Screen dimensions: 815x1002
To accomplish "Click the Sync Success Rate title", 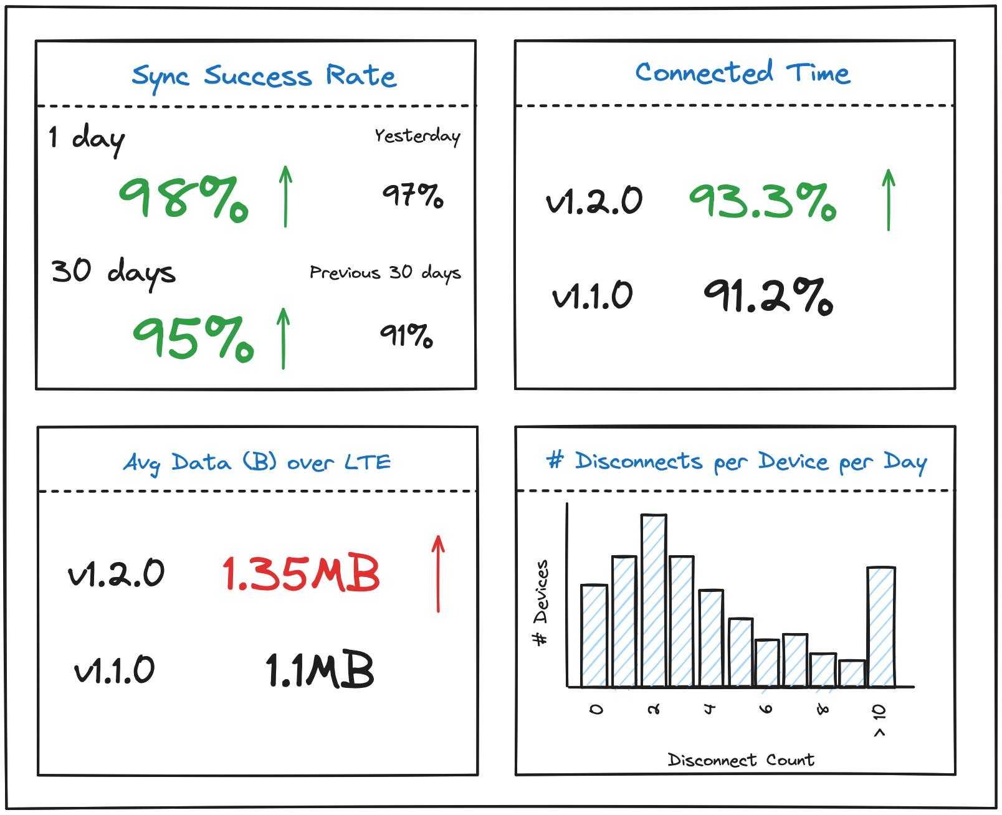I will coord(264,77).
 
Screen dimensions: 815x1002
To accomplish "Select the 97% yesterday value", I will coord(413,195).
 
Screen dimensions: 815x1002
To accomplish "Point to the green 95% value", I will coord(193,338).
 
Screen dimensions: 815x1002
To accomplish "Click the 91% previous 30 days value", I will coord(406,335).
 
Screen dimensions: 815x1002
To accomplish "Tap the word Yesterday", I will coord(417,136).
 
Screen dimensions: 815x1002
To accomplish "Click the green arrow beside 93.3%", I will coord(889,199).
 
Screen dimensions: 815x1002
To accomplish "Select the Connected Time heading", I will coord(742,73).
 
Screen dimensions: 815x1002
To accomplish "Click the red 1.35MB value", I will coord(301,573).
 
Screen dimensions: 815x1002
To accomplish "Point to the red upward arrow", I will coord(438,573).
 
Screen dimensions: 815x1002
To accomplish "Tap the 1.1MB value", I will coord(320,670).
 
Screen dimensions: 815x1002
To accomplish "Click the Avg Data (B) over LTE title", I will coord(257,462).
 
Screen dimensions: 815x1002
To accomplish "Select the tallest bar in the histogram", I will coord(654,600).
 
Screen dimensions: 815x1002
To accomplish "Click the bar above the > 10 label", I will coord(881,626).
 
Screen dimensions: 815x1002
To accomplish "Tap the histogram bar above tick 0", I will coord(594,636).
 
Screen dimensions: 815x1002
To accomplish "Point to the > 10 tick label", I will coord(879,720).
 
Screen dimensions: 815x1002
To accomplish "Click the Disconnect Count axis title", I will coord(741,760).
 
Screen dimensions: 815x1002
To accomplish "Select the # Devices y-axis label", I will coord(541,603).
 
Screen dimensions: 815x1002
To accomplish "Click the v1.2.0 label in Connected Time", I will coord(594,201).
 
